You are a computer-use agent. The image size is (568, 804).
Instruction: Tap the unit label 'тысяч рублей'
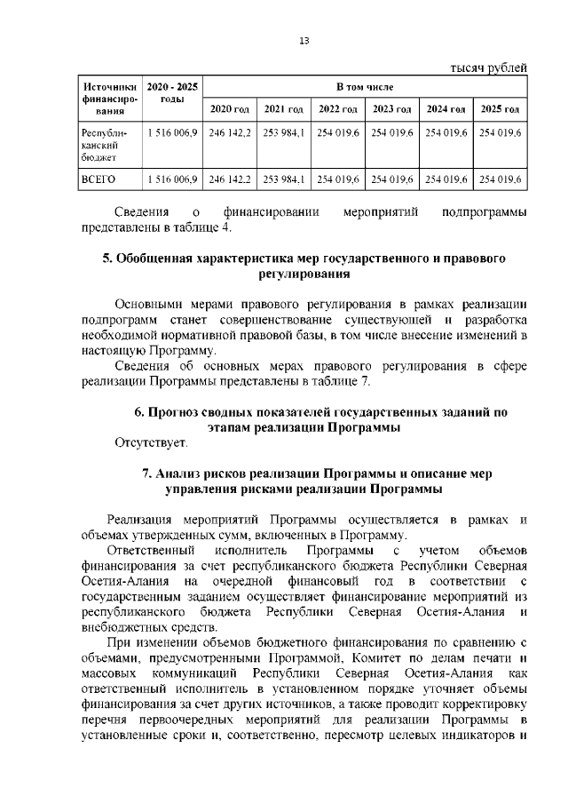pos(489,68)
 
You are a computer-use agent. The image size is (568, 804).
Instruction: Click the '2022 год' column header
pos(338,109)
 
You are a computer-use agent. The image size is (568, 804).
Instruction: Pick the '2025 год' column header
pos(501,109)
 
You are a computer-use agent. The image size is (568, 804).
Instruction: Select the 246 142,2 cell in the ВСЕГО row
pos(230,179)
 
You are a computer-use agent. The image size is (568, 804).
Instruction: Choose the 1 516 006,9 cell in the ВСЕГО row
pos(171,179)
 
